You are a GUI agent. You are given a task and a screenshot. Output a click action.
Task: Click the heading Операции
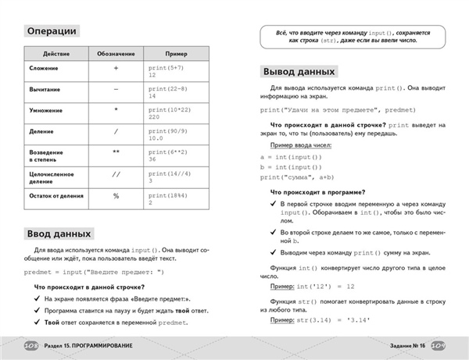click(52, 32)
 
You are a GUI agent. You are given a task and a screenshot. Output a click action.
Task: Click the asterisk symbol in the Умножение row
click(116, 110)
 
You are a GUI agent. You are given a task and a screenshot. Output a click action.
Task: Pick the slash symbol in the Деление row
click(116, 131)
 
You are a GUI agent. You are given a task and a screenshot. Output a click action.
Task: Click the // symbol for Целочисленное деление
click(116, 175)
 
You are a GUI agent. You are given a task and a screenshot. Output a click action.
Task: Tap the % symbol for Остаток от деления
click(116, 196)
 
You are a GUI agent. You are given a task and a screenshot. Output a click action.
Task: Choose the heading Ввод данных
click(59, 233)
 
